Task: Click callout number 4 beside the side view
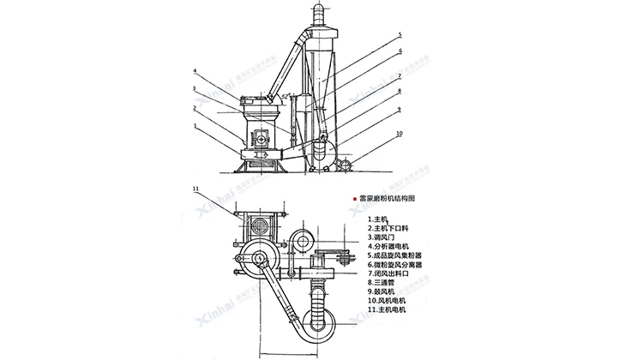point(195,70)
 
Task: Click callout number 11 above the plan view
point(196,187)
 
